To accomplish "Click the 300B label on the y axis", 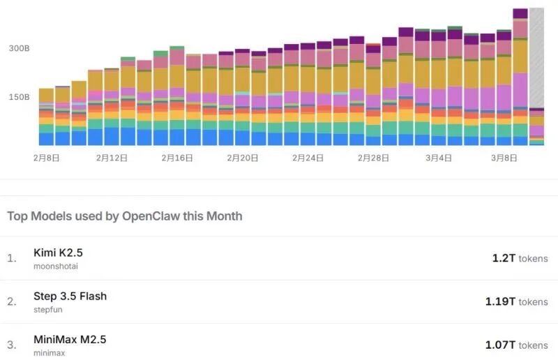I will coord(19,49).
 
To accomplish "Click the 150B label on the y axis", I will coord(19,97).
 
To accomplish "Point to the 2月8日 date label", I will coord(46,158).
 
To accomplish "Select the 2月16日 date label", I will coord(177,158).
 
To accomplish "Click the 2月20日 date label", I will coord(243,158).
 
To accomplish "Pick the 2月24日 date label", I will coord(308,158).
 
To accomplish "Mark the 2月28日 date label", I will coord(373,158).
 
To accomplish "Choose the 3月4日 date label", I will coord(439,158).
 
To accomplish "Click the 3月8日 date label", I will coord(504,158).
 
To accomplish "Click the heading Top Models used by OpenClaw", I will coord(125,216).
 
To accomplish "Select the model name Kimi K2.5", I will coord(58,253).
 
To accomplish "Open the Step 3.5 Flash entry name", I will coord(70,296).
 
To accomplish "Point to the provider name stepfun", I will coord(47,310).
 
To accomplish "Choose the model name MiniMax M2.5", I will coord(70,339).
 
